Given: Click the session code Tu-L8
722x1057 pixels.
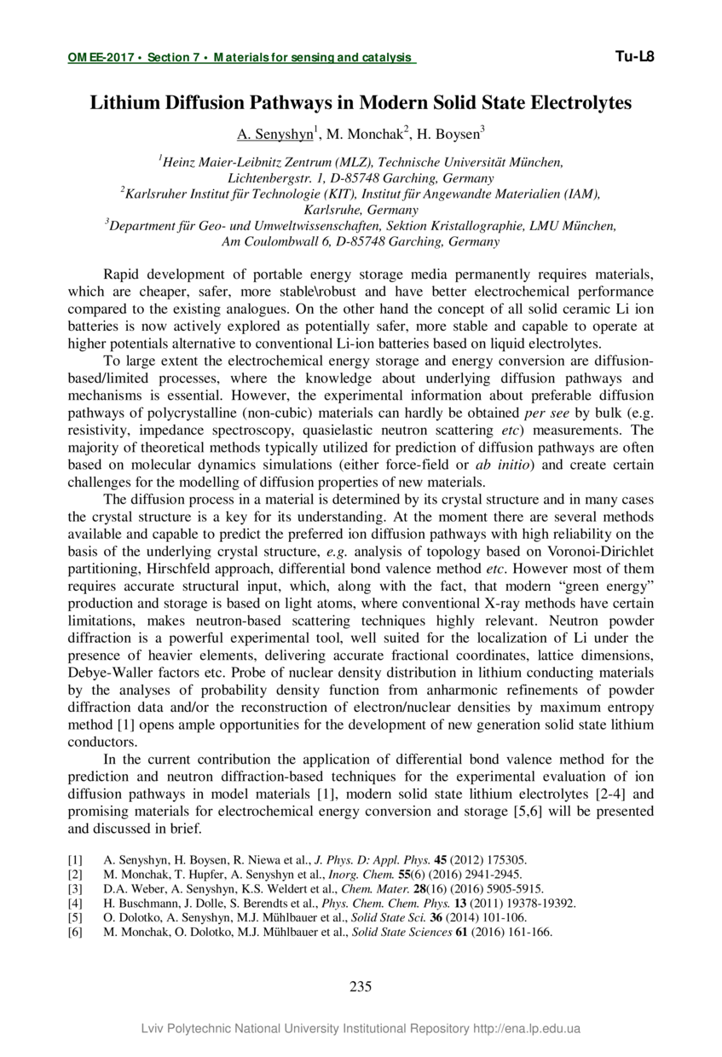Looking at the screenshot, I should [633, 57].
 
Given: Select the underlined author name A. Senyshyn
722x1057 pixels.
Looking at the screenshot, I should [274, 134].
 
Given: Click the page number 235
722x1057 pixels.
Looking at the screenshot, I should [361, 987].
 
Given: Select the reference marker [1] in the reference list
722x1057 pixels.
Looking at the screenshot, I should [75, 860].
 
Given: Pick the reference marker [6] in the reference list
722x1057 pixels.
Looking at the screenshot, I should [75, 933].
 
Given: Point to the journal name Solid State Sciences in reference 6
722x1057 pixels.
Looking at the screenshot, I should [402, 933].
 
